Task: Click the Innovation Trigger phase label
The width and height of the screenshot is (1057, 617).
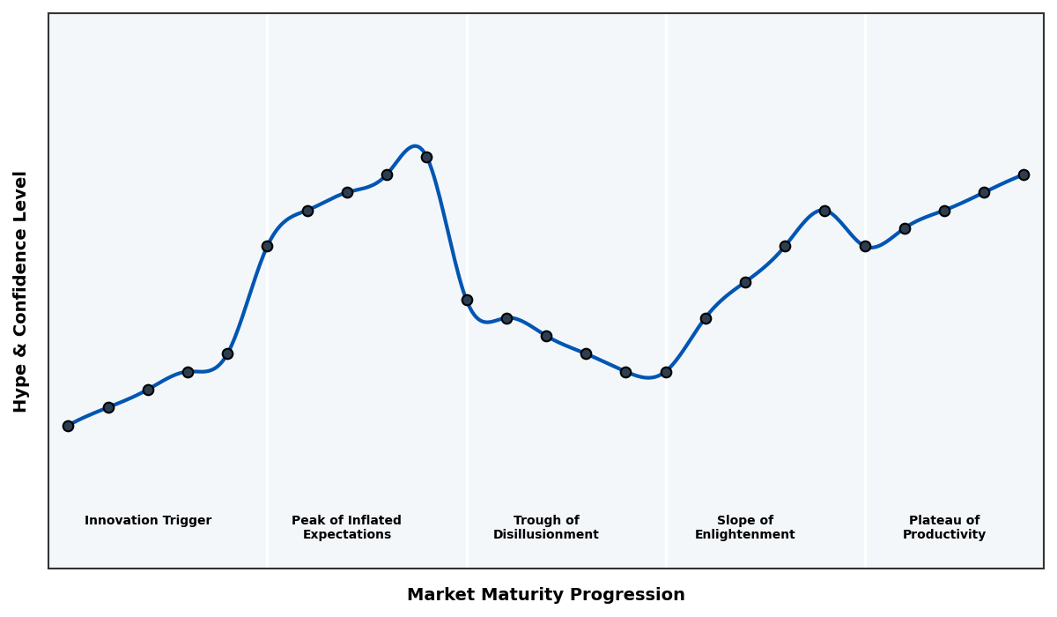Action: tap(148, 521)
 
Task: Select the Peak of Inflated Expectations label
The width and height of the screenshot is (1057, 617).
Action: tap(346, 527)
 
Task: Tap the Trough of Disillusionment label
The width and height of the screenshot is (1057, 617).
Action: tap(545, 527)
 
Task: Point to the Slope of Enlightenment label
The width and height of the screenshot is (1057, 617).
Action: tap(744, 527)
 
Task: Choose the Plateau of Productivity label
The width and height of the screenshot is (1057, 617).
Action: tap(943, 527)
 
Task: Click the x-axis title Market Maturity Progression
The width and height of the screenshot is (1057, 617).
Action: tap(545, 595)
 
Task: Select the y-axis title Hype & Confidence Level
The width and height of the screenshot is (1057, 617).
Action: tap(21, 291)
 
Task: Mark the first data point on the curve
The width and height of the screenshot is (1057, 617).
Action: tap(68, 426)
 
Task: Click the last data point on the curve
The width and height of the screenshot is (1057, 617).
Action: tap(1024, 175)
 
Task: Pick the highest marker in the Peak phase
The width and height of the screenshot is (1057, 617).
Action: tap(426, 157)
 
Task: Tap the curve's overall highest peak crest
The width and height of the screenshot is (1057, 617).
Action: tap(415, 146)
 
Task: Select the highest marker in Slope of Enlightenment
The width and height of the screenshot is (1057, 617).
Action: tap(824, 211)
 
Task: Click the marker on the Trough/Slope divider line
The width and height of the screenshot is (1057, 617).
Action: tap(666, 372)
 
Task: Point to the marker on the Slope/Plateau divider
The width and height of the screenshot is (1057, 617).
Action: tap(865, 246)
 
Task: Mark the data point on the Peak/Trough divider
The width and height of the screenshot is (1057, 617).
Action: tap(467, 300)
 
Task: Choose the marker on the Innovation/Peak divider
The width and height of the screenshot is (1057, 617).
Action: tap(267, 246)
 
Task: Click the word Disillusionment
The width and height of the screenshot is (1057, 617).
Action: tap(545, 535)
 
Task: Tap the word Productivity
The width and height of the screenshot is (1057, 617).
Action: tap(943, 535)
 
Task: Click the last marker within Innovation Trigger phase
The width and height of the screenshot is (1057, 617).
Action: tap(227, 353)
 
